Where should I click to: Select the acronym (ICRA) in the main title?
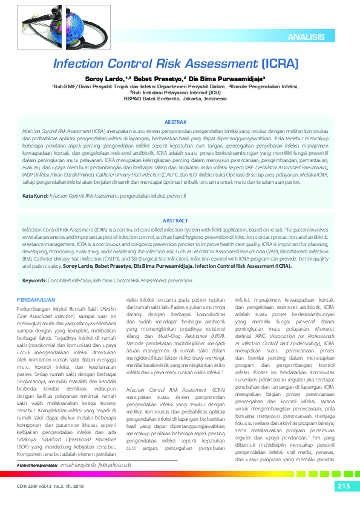(x=280, y=63)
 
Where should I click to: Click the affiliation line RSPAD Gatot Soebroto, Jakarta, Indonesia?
(x=180, y=99)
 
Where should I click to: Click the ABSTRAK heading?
(x=180, y=122)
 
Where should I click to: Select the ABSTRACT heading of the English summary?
(x=180, y=221)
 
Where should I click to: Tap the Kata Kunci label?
(x=35, y=196)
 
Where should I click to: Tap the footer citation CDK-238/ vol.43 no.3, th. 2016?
(x=52, y=487)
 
